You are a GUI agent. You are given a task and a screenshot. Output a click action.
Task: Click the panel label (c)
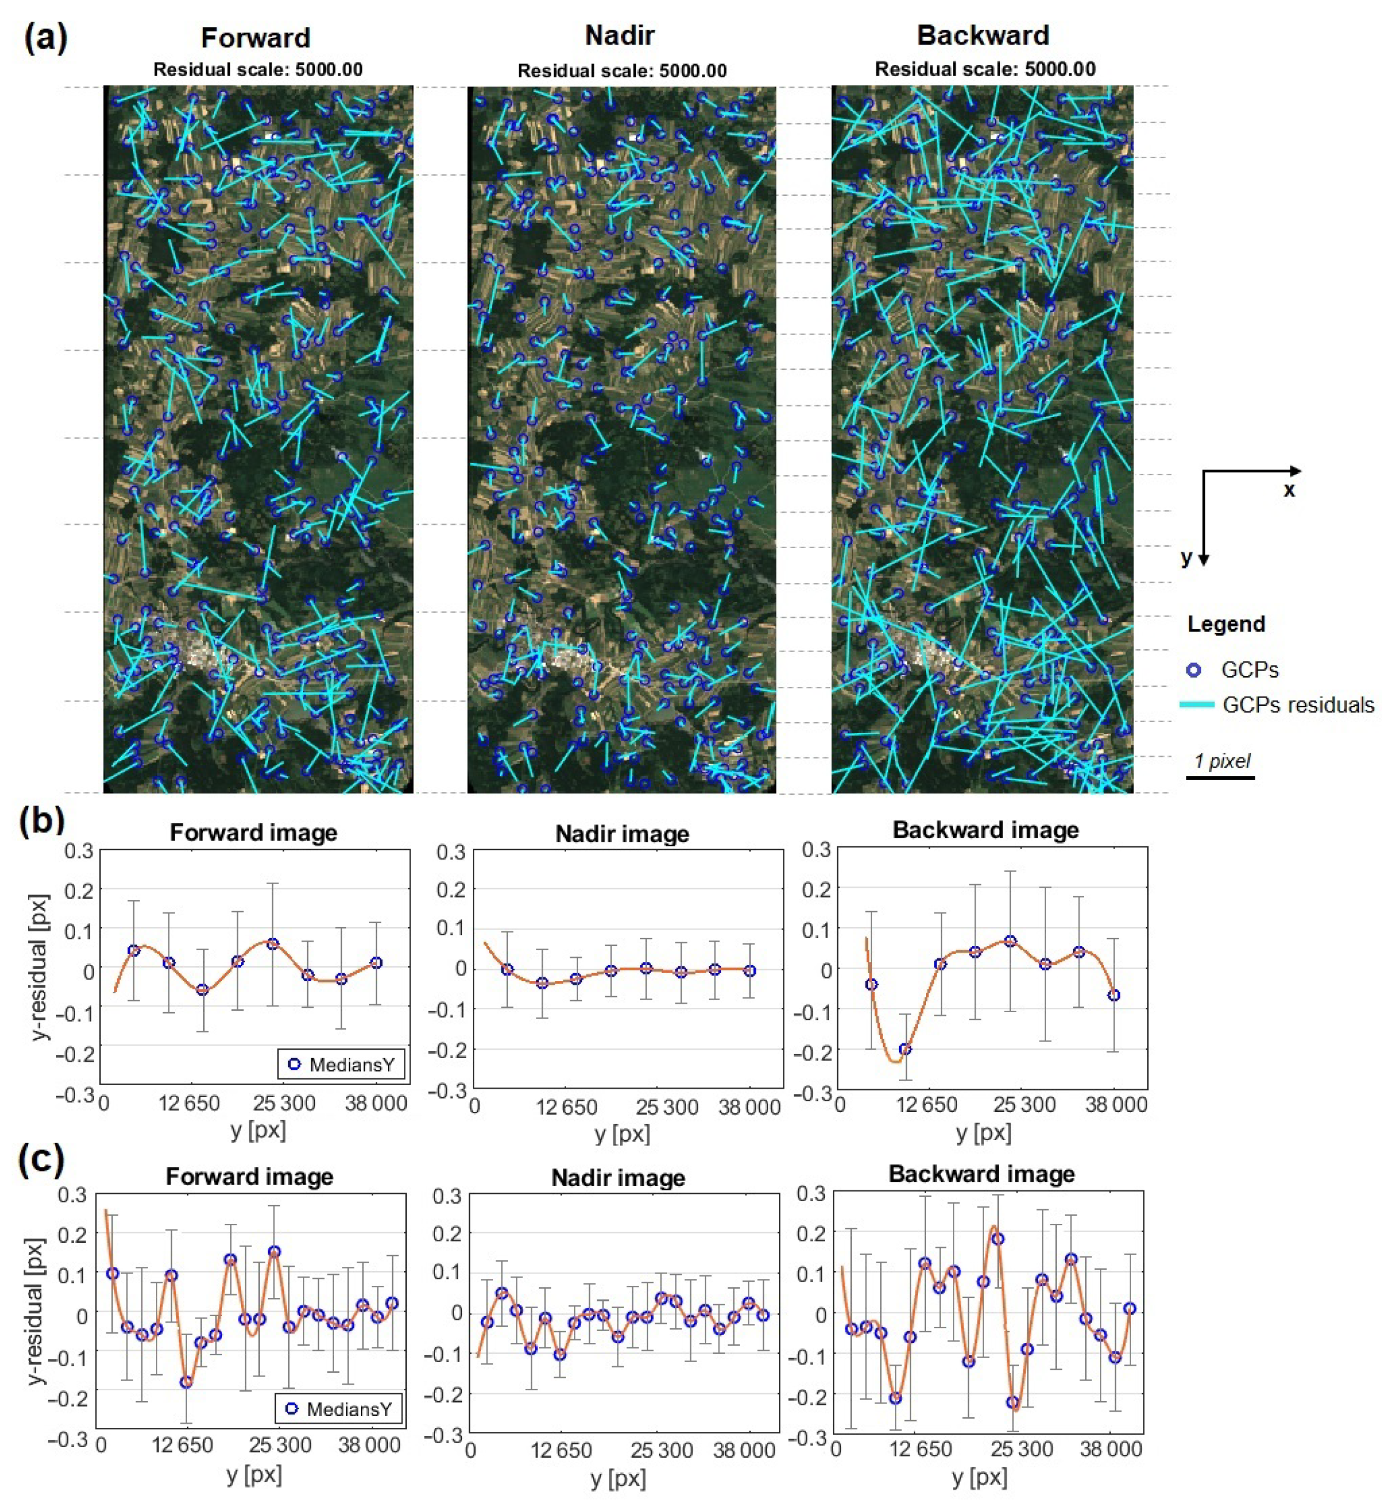click(42, 1160)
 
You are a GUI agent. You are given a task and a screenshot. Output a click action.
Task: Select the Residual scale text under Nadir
click(622, 71)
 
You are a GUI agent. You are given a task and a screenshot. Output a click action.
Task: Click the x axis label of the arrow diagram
click(1289, 490)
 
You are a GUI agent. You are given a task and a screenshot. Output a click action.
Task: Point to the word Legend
click(1226, 624)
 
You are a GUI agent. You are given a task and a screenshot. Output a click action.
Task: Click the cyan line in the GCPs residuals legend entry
click(1197, 705)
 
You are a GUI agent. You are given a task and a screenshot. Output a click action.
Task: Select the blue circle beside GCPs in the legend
click(1194, 670)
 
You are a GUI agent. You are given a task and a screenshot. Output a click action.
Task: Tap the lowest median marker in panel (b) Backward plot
click(905, 1049)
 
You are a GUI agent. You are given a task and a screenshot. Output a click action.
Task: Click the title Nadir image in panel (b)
click(622, 834)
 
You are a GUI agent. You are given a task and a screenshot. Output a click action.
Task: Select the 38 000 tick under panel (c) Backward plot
click(1110, 1449)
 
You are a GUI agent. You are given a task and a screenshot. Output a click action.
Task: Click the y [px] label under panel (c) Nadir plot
click(618, 1479)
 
